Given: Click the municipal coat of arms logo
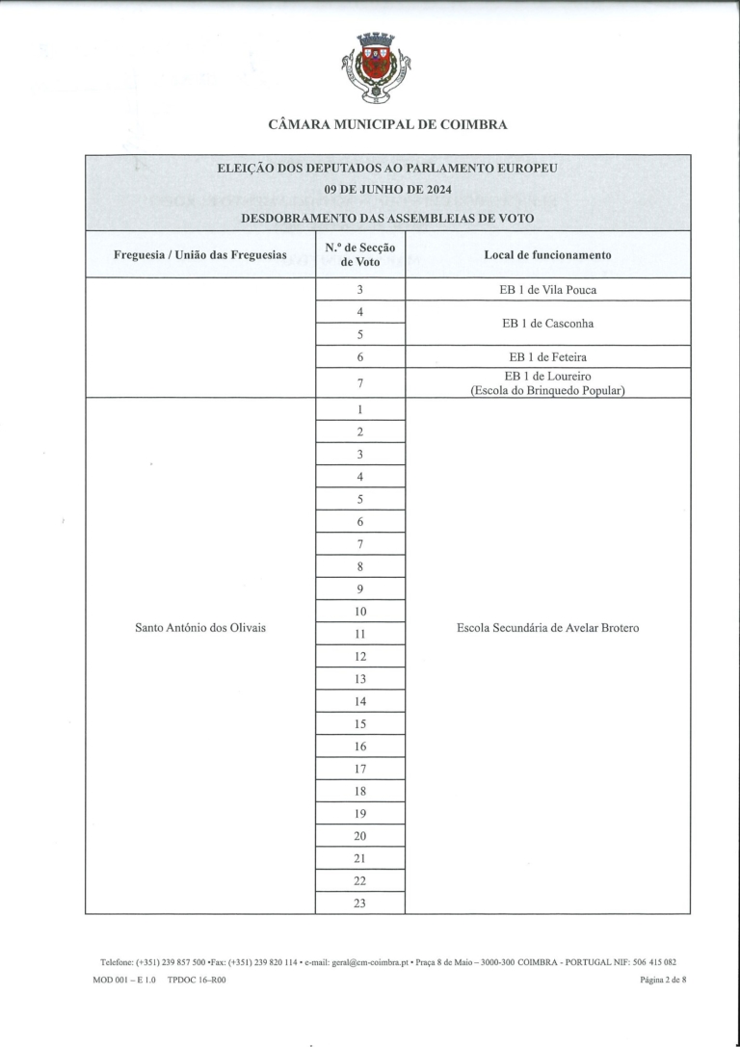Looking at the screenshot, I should [x=376, y=66].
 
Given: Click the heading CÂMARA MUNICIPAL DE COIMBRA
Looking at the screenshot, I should [x=387, y=124].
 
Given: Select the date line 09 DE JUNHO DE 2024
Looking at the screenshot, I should [x=387, y=188].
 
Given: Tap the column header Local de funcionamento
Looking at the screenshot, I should [x=547, y=255].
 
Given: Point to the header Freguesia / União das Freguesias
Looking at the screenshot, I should [x=200, y=255].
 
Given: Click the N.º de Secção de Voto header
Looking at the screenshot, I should [x=360, y=255].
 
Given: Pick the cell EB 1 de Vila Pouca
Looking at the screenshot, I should [x=547, y=289].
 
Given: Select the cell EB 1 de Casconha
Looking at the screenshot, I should [x=547, y=324].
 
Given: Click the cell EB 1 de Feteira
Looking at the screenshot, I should [x=547, y=356].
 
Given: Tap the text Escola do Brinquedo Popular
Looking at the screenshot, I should [x=547, y=389].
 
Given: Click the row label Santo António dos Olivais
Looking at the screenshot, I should [x=200, y=628].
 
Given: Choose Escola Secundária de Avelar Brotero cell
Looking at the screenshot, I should [x=547, y=628].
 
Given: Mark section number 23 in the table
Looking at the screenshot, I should [x=360, y=903].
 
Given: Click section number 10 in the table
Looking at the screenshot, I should [x=360, y=612].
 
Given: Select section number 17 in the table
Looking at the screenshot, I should [x=360, y=769].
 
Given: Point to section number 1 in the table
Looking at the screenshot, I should [x=360, y=409].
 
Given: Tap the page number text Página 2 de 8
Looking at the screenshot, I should [x=663, y=981].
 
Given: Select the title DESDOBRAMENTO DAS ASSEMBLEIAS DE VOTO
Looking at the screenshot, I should [x=387, y=219].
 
